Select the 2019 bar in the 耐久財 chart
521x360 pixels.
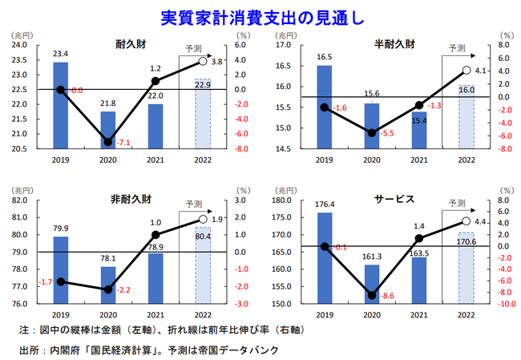(x=60, y=105)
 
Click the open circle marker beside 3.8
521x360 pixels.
(x=203, y=61)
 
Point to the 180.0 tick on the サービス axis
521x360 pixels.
(x=285, y=200)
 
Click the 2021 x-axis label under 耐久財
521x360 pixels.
(x=155, y=160)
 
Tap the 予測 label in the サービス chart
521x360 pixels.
(x=456, y=204)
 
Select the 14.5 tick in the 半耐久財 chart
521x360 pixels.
(x=286, y=148)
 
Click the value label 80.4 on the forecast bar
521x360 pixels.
(x=203, y=237)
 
